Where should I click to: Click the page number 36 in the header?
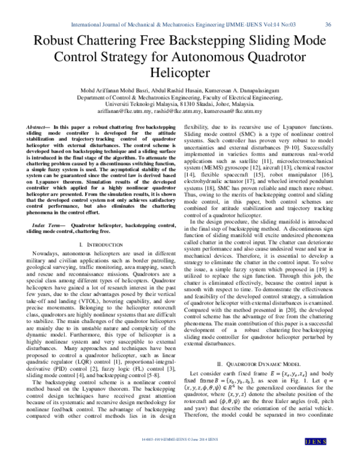pos(328,25)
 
